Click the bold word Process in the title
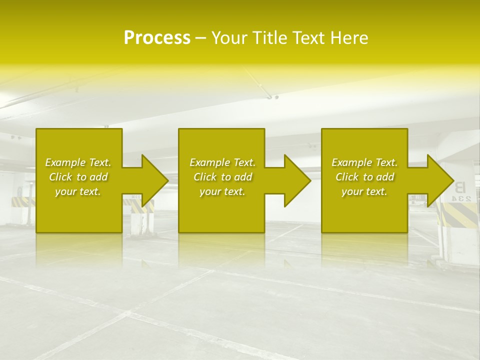pos(157,38)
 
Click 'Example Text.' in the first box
pos(78,162)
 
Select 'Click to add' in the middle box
pos(222,177)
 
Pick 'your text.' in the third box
pos(364,191)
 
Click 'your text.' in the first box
pos(78,191)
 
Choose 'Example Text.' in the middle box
pos(222,162)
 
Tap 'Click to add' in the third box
pos(364,177)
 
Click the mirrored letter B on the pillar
pos(460,187)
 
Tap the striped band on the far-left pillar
pos(22,201)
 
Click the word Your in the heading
pos(229,38)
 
